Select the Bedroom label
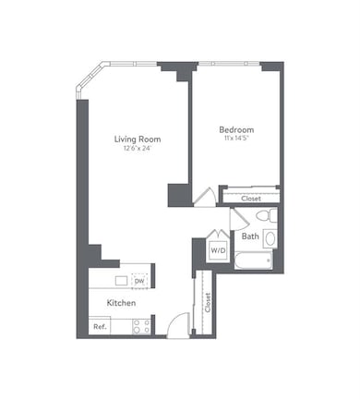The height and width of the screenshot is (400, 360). (x=236, y=129)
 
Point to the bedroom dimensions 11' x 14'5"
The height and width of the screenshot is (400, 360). (x=236, y=139)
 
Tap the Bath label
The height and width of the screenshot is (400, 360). (x=250, y=236)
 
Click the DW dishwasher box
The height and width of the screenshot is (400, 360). (x=140, y=281)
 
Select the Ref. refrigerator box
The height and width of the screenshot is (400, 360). (x=100, y=326)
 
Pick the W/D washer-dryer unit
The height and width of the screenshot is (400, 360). (x=218, y=249)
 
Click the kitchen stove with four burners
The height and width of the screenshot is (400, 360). (x=141, y=325)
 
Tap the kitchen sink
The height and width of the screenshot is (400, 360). (x=121, y=281)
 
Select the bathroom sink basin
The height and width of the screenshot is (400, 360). (x=270, y=238)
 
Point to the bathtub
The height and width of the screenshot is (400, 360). (x=251, y=261)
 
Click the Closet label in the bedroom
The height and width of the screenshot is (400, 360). (x=251, y=198)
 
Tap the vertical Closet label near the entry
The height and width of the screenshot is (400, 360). (x=208, y=303)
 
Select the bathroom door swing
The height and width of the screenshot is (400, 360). (x=237, y=220)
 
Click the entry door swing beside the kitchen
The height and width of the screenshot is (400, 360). (x=179, y=325)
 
